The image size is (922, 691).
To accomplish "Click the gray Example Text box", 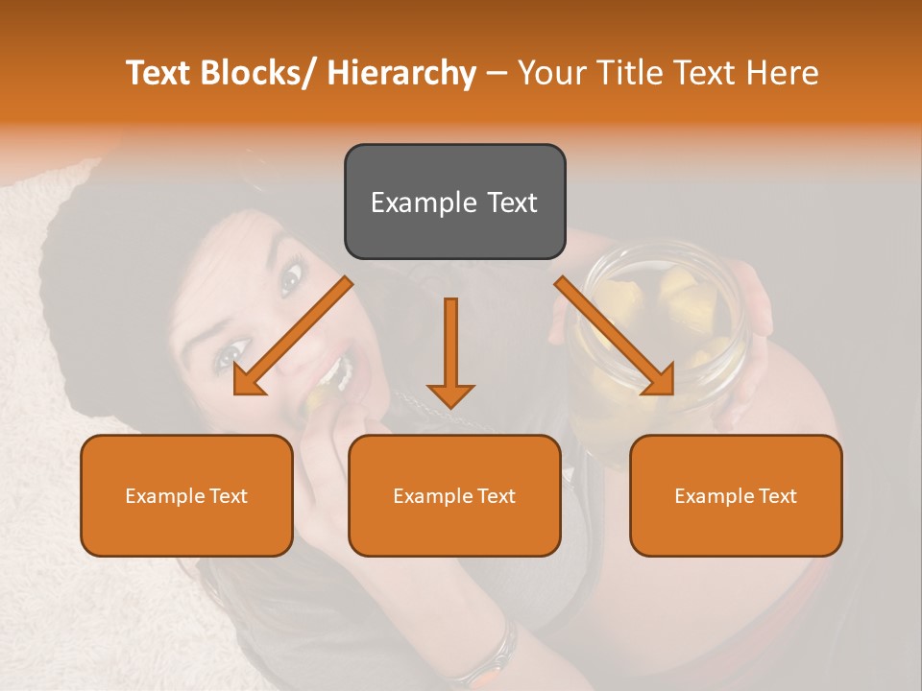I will tap(454, 202).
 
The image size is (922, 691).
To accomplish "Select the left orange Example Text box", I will tap(186, 495).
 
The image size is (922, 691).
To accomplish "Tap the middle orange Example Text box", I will tap(454, 495).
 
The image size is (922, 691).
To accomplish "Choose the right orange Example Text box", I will tap(736, 495).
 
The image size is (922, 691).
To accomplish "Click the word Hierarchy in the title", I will tap(402, 73).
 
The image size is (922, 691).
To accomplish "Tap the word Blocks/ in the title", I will tap(259, 73).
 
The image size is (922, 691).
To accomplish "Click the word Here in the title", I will tap(780, 73).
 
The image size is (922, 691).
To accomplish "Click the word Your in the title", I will tap(548, 73).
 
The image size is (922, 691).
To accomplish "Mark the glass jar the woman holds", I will tap(663, 326).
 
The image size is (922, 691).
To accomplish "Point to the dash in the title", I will tap(497, 73).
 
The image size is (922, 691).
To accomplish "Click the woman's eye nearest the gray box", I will tap(289, 279).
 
